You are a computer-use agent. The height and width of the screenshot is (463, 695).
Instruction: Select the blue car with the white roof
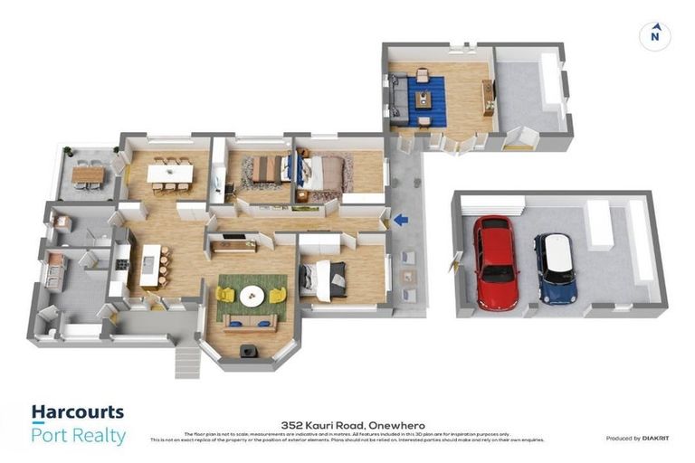(x=555, y=268)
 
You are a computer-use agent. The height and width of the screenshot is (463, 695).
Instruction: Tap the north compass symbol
(x=654, y=36)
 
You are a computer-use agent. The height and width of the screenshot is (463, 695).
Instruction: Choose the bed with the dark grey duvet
(x=325, y=279)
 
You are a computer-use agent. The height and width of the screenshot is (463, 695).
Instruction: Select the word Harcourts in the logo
(x=77, y=412)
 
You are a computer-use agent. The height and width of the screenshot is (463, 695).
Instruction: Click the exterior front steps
(x=185, y=360)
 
